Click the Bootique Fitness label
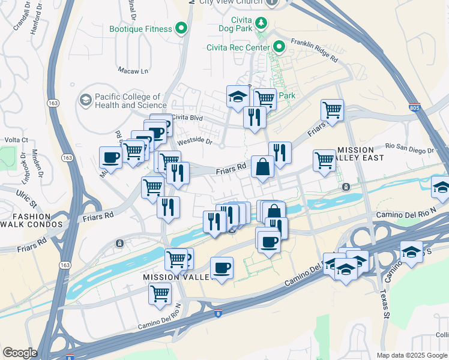point(140,29)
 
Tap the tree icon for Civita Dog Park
point(261,23)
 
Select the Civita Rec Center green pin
point(279,46)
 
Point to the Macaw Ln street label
point(133,71)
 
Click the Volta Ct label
point(17,140)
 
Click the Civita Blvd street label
point(188,117)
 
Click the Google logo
point(19,353)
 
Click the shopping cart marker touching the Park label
point(265,98)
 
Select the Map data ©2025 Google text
point(412,355)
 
